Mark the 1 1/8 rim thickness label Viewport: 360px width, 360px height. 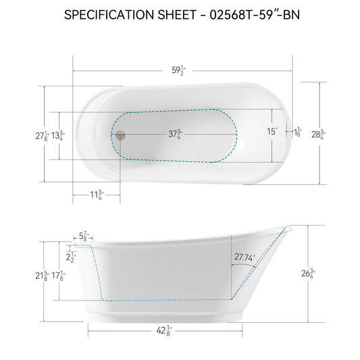click(298, 132)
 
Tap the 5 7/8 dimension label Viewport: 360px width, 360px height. click(85, 236)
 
